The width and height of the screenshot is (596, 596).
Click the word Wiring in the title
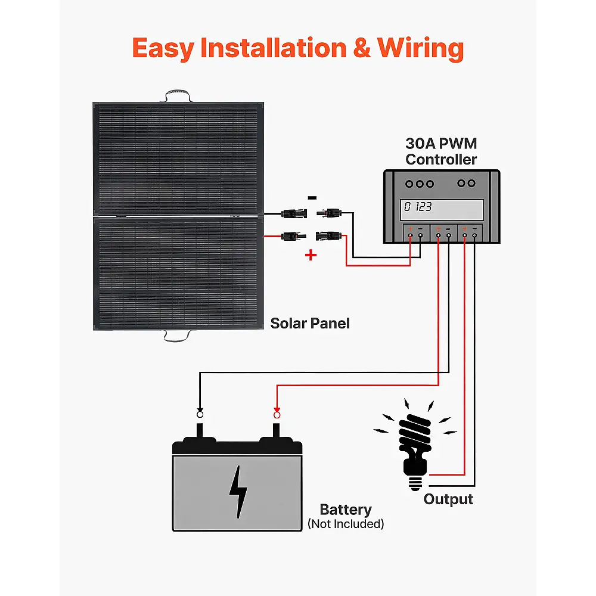[421, 48]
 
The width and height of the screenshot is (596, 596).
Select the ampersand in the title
[362, 48]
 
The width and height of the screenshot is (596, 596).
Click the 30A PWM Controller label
[441, 151]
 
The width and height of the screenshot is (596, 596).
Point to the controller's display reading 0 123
[442, 208]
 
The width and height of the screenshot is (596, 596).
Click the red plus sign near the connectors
[311, 255]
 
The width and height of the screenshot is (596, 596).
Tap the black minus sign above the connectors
[312, 197]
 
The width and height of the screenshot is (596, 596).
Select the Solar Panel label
[310, 324]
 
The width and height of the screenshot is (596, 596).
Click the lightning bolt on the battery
[239, 492]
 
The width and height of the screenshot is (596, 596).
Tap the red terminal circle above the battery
[277, 414]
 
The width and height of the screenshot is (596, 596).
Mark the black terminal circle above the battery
[200, 414]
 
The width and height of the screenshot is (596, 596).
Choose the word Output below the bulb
[448, 499]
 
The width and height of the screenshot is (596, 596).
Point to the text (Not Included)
[346, 524]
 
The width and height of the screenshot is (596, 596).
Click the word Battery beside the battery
[346, 510]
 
